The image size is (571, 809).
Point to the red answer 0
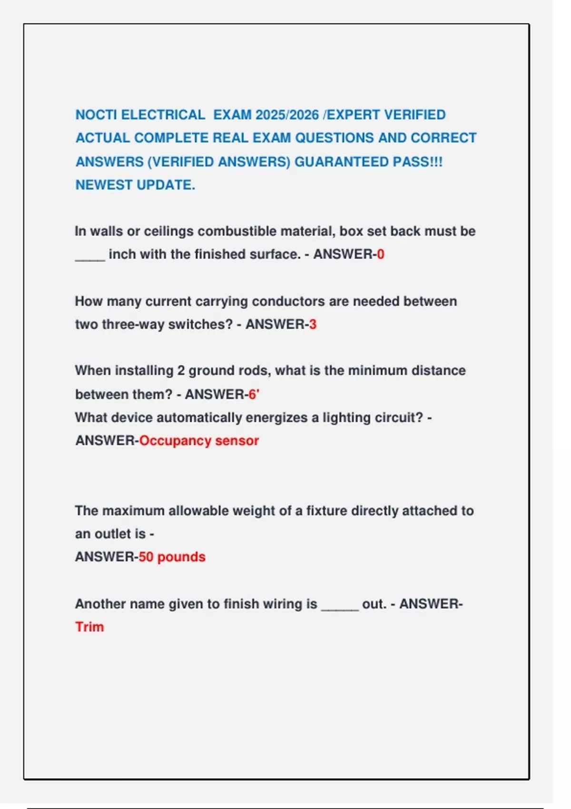coord(381,254)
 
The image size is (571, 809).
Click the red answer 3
coord(313,325)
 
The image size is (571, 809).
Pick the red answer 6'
coord(254,394)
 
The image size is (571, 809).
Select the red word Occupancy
coord(175,441)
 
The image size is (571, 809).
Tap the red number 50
coord(146,557)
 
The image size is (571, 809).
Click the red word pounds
coord(181,557)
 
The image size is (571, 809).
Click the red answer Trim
coord(89,627)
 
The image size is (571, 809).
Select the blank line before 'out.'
coord(340,608)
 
